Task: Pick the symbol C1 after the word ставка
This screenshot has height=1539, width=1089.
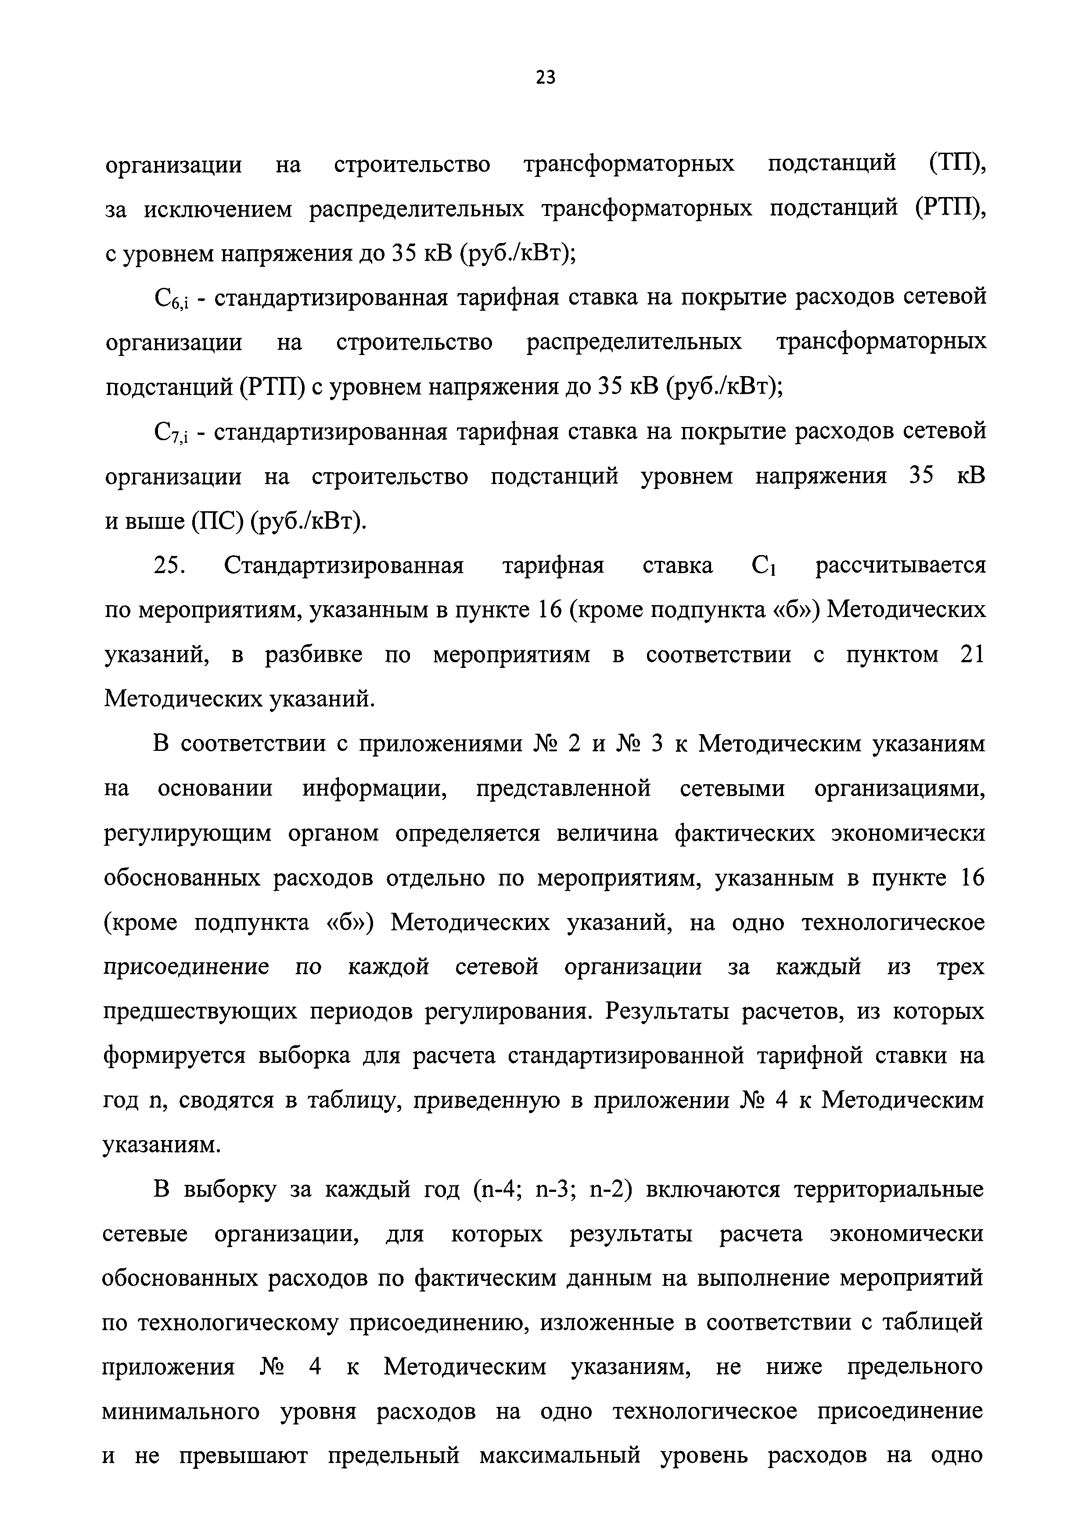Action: click(764, 567)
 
